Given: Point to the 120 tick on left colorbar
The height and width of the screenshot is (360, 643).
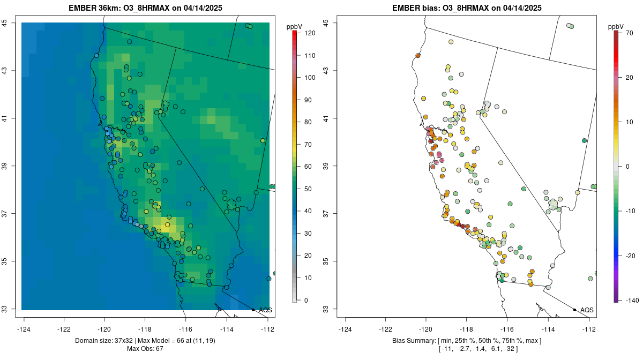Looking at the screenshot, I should tap(309, 33).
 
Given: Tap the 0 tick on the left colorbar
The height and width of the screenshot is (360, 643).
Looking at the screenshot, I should tap(306, 300).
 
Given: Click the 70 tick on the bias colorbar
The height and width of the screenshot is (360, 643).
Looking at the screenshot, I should tap(629, 33).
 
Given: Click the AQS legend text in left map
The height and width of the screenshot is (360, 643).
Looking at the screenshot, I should tap(265, 310).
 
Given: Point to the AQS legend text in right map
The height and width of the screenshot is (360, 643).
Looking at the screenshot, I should tap(587, 310).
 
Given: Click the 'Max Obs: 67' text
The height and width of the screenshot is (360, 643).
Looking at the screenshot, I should tap(145, 349).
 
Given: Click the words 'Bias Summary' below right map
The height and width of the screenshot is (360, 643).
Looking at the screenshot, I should tap(411, 341).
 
